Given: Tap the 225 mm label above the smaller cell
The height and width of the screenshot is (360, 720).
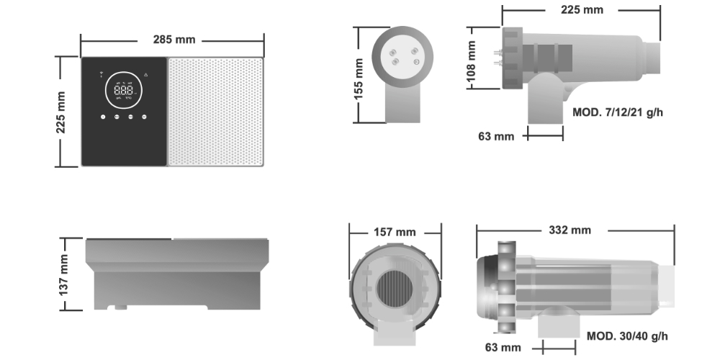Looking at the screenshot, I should pyautogui.click(x=581, y=10).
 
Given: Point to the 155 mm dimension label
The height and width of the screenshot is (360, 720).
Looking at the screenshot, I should pyautogui.click(x=359, y=77).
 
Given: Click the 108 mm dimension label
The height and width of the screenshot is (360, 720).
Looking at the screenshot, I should pyautogui.click(x=472, y=59).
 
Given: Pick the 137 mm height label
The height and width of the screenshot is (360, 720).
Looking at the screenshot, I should pyautogui.click(x=63, y=274).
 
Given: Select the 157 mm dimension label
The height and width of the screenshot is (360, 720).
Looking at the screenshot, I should pyautogui.click(x=395, y=231).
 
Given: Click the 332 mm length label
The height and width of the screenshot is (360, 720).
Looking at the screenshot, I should pyautogui.click(x=569, y=230).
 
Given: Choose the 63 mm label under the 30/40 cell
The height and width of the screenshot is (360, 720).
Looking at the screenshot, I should pyautogui.click(x=502, y=348).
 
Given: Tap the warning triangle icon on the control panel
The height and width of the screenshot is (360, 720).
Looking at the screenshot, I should pyautogui.click(x=146, y=73).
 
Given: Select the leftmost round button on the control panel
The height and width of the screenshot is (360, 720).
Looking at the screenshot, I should pyautogui.click(x=103, y=117).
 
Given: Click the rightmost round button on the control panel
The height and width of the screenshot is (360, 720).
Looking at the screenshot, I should pyautogui.click(x=144, y=117).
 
